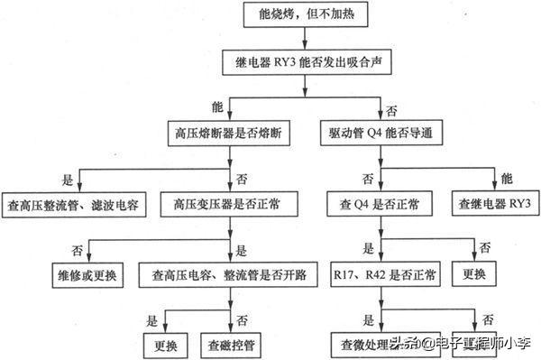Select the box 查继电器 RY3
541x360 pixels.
tap(495, 205)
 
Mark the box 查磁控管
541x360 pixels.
tap(234, 344)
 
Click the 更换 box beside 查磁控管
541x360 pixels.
tap(163, 344)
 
